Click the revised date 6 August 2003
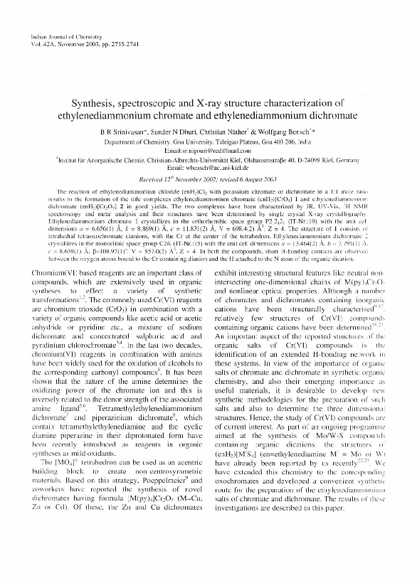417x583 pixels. point(263,178)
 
